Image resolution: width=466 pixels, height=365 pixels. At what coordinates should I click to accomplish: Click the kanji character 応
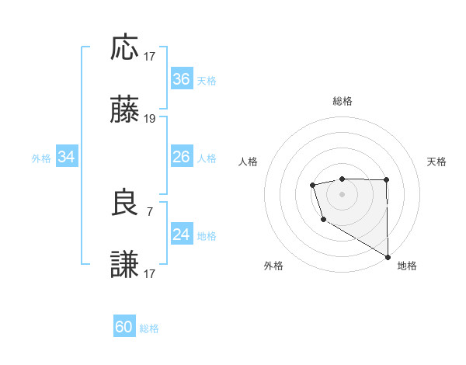(x=125, y=47)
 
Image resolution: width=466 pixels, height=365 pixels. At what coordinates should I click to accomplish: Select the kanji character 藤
(x=125, y=110)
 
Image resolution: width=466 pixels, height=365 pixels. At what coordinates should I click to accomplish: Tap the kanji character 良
(x=125, y=203)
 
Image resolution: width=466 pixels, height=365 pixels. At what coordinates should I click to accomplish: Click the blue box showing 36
(x=182, y=79)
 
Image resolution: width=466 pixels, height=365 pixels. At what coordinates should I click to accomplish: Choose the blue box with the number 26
(x=182, y=157)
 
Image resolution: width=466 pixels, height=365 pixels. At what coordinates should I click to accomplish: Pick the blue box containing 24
(x=182, y=235)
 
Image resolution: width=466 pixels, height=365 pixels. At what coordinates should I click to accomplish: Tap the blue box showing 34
(x=67, y=157)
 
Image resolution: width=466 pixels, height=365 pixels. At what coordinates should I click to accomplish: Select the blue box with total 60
(x=124, y=327)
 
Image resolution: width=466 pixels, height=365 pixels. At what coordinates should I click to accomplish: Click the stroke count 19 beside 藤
(x=150, y=119)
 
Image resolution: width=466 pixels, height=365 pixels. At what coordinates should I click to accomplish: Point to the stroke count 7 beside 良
(x=150, y=211)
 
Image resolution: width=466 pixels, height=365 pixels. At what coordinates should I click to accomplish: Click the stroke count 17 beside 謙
(x=150, y=274)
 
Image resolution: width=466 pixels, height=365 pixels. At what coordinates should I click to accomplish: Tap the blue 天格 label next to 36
(x=207, y=80)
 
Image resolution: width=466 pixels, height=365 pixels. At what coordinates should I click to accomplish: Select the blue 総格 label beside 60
(x=149, y=328)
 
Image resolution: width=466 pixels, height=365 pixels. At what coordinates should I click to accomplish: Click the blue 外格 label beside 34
(x=41, y=158)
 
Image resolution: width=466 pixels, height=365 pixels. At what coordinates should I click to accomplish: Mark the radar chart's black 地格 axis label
(x=407, y=266)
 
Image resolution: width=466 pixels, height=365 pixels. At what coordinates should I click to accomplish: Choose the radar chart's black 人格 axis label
(x=249, y=162)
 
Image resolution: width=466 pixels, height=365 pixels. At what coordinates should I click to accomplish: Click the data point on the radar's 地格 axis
(x=388, y=256)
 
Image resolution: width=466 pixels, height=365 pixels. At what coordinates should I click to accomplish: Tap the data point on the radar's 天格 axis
(x=386, y=180)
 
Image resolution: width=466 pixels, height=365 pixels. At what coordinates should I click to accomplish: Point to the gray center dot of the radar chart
(x=342, y=193)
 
